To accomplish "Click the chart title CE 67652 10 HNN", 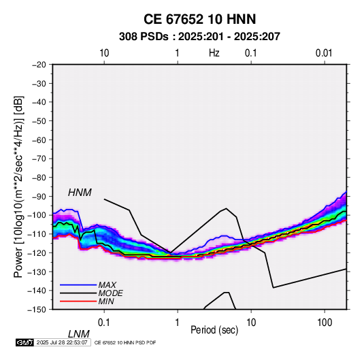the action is pos(199,19).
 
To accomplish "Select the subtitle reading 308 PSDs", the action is pos(144,37).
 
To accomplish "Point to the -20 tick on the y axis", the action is pos(39,65).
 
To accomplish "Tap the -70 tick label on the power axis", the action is pos(39,159).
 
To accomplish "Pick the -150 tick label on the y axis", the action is pos(37,310).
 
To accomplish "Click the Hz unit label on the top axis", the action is pos(214,53).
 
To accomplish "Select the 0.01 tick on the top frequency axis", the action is pos(324,53).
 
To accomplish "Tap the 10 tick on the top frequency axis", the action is pos(104,53).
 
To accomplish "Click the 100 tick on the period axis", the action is pos(325,323).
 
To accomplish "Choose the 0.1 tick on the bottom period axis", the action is pos(104,323).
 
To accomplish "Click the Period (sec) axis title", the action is pos(214,330).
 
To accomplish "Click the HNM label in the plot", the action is pos(80,193).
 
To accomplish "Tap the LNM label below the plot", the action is pos(78,334).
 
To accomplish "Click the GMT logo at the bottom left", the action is pos(24,342).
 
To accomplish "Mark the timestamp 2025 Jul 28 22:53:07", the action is pos(62,342).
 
